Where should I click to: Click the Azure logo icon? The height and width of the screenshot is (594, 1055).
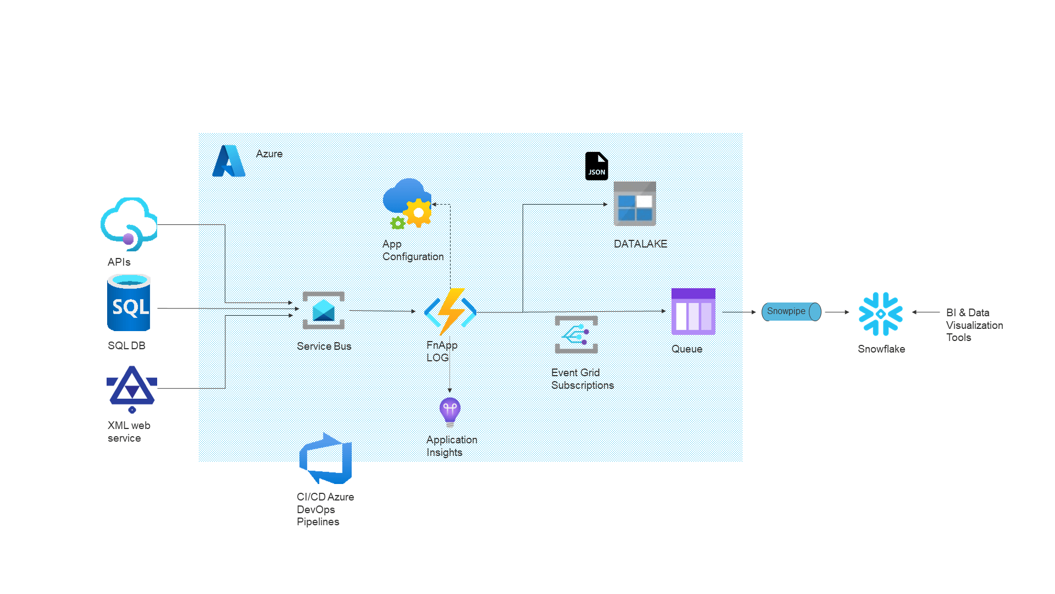[229, 161]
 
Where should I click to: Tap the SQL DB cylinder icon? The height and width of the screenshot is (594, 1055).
[129, 303]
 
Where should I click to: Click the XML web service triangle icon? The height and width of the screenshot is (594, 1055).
[132, 389]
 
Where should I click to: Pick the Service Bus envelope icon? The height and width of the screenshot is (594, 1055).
[324, 310]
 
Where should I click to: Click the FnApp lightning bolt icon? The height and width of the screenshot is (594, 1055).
[451, 311]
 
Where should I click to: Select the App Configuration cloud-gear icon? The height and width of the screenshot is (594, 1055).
[407, 204]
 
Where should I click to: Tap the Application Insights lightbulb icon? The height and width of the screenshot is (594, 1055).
[450, 412]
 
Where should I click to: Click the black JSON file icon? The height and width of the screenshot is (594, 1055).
[596, 166]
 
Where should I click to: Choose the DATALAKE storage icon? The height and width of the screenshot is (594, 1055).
[635, 204]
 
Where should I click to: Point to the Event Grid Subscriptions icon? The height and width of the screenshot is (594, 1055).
[576, 334]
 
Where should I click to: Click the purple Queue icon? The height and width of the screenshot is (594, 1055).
[693, 311]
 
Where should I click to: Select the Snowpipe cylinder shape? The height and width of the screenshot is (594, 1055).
[791, 312]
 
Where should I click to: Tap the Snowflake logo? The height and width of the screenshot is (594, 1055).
[881, 314]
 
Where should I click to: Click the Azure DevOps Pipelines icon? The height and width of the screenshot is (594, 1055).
[325, 459]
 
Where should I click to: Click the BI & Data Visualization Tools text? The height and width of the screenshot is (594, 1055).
[974, 325]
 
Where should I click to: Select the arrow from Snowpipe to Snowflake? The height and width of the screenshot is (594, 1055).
[837, 312]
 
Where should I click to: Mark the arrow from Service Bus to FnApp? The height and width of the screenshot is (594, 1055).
[382, 311]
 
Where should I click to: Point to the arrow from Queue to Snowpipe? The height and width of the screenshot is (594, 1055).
[739, 312]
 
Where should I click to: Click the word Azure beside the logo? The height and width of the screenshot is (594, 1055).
[269, 154]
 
